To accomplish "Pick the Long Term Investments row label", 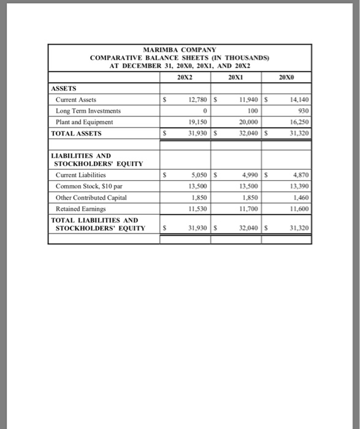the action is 88,110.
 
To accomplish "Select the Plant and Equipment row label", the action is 85,121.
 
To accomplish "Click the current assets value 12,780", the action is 196,99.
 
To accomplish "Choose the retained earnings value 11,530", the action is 196,208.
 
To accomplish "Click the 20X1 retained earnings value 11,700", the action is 248,208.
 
